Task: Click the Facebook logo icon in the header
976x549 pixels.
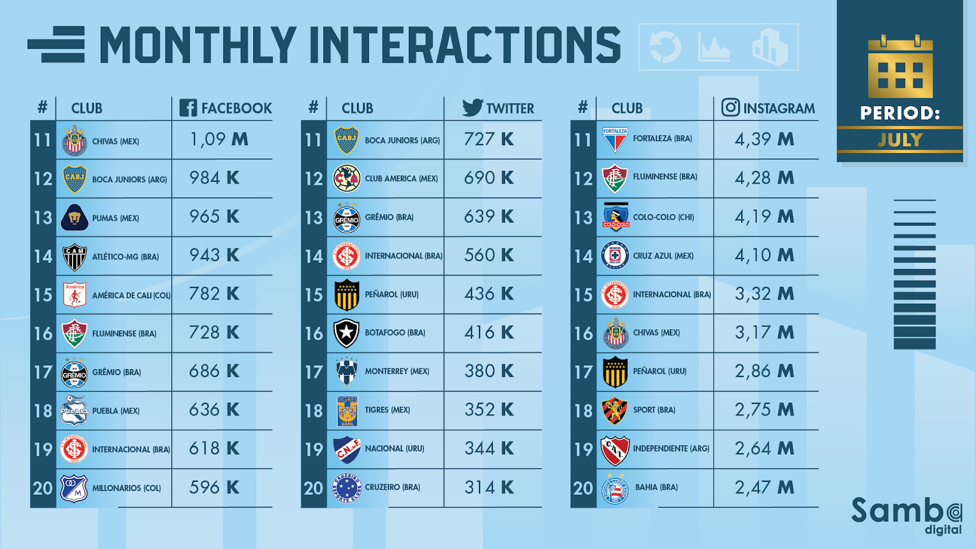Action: (188, 108)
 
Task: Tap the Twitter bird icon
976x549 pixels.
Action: (472, 107)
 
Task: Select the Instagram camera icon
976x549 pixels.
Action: (730, 107)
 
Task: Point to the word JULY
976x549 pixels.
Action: (900, 140)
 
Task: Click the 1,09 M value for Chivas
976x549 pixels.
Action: (219, 140)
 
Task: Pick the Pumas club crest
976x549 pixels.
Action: (74, 218)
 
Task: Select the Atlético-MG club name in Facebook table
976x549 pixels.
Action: (125, 257)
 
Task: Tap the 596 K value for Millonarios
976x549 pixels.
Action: (214, 487)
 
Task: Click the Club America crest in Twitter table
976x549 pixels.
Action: (346, 179)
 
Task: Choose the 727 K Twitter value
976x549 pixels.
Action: (489, 140)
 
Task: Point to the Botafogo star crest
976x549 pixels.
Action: (346, 333)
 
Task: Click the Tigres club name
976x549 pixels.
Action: (387, 410)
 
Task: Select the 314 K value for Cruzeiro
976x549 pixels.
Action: (489, 487)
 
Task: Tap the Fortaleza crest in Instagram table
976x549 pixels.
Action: (615, 140)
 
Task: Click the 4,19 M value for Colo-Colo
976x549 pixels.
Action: (764, 217)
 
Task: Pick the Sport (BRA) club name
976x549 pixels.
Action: (654, 410)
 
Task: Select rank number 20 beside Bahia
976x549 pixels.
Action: (583, 488)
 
